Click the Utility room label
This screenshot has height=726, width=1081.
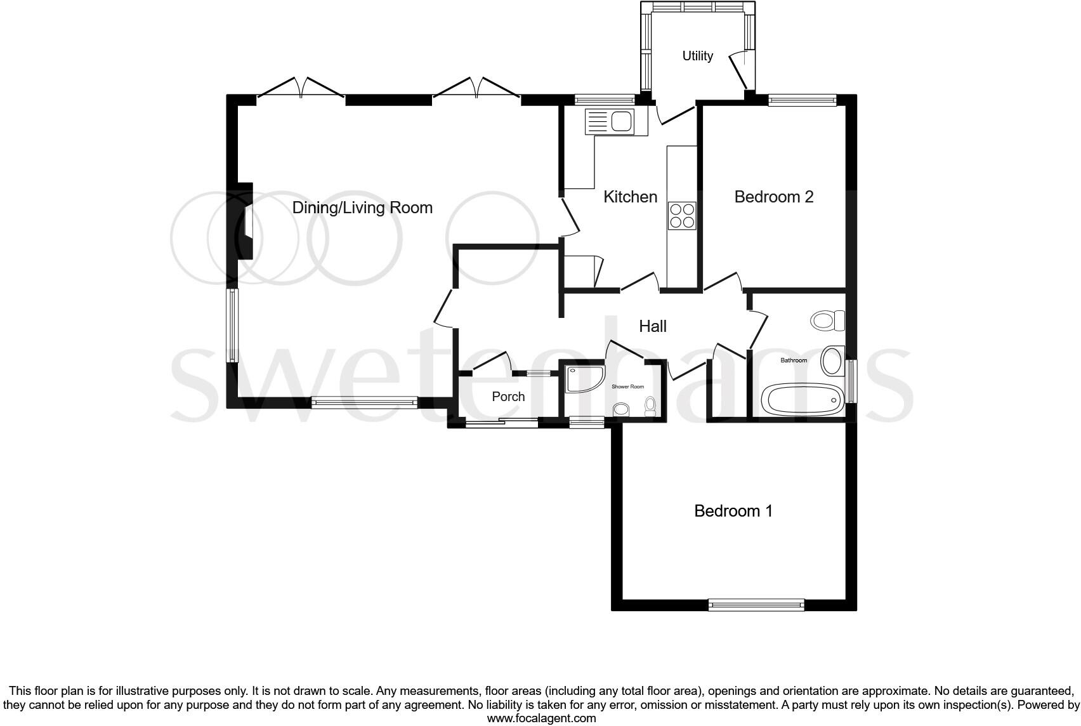pos(697,56)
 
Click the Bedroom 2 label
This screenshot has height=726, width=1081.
pos(773,197)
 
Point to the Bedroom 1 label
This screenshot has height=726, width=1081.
pos(733,511)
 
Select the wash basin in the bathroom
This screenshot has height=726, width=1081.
pos(832,360)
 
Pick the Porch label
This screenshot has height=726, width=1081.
pos(508,397)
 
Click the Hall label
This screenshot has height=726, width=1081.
pos(652,326)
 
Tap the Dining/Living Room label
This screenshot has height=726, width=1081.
pos(362,208)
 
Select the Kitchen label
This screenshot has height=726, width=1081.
pos(630,197)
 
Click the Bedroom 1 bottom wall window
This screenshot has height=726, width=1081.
pos(756,605)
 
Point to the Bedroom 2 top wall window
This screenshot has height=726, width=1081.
pos(803,100)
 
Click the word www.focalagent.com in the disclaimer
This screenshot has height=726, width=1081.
pos(541,718)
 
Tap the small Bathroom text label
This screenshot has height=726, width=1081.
pos(794,360)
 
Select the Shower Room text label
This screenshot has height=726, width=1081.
pos(627,386)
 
